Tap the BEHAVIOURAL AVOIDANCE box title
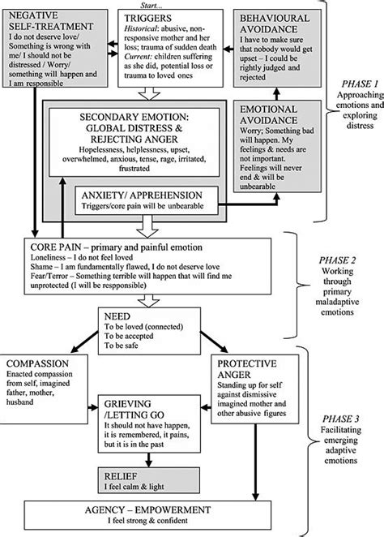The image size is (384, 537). point(275,22)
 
